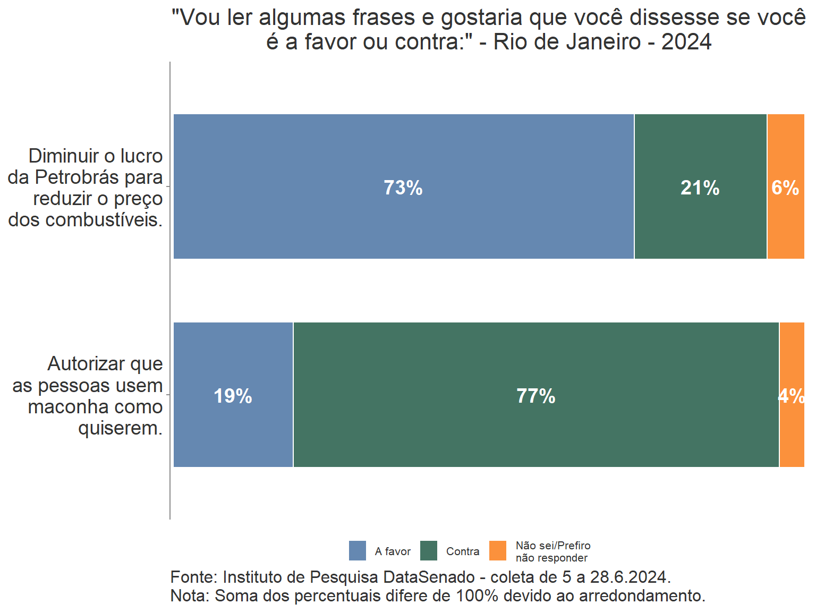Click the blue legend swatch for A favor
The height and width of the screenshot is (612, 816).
358,551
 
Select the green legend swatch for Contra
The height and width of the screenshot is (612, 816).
429,551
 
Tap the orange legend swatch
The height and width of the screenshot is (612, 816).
498,551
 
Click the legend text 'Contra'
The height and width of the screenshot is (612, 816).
463,551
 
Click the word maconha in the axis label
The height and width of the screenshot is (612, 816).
67,407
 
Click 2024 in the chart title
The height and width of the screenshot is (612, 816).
686,42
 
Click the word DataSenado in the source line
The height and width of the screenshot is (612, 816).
429,577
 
